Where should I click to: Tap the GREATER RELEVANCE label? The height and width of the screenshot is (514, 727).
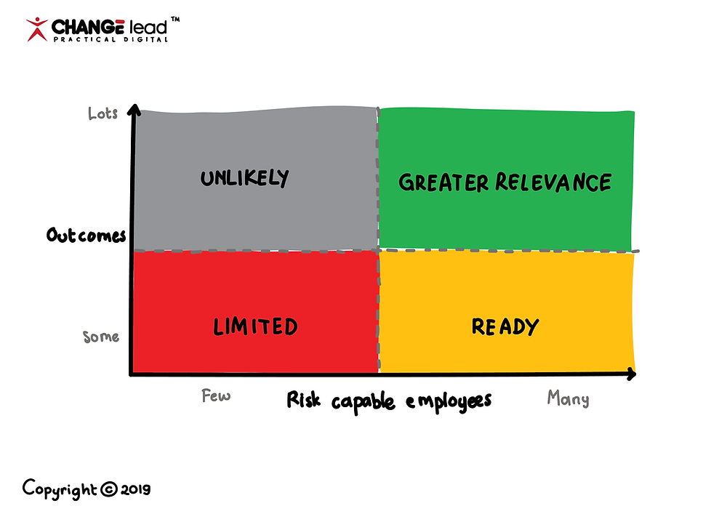(x=505, y=182)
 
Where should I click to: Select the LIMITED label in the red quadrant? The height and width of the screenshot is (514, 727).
(x=256, y=326)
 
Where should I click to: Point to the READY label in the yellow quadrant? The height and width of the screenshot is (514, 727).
(x=505, y=327)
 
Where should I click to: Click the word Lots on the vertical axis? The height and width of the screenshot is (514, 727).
(x=103, y=114)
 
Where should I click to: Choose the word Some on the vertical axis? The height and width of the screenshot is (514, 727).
(x=101, y=337)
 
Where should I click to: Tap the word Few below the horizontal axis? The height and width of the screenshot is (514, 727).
(x=216, y=396)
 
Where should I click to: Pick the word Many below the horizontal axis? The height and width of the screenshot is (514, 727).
(x=568, y=398)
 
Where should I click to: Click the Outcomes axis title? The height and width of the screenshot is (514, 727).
(x=86, y=236)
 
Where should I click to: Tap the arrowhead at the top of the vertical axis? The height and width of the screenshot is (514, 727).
(x=133, y=111)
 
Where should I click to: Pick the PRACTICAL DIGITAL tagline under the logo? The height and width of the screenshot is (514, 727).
(x=109, y=39)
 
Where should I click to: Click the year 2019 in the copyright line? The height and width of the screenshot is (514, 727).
(x=135, y=489)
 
